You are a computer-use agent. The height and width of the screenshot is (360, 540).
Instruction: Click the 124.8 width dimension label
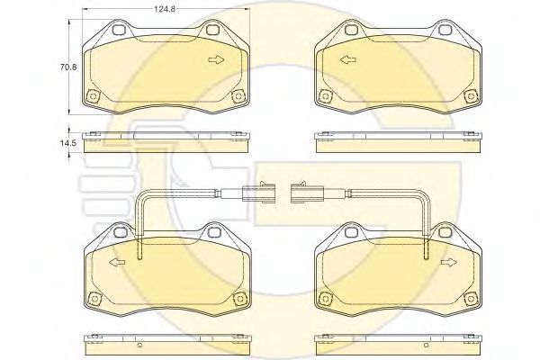pyautogui.click(x=165, y=9)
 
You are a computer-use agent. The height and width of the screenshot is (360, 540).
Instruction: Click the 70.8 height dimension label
pyautogui.click(x=68, y=67)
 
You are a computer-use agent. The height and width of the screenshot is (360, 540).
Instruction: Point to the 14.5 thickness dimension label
pyautogui.click(x=69, y=142)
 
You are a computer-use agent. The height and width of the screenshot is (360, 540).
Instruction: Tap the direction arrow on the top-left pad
pyautogui.click(x=216, y=59)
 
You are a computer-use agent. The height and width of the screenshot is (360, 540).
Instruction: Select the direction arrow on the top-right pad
pyautogui.click(x=348, y=59)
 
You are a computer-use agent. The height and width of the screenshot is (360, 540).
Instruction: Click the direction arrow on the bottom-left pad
pyautogui.click(x=117, y=263)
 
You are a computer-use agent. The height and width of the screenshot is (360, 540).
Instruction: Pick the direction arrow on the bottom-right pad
pyautogui.click(x=449, y=263)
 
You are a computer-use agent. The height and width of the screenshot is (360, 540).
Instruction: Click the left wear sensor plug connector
pyautogui.click(x=258, y=193)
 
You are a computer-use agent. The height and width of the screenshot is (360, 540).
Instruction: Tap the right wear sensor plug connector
pyautogui.click(x=307, y=193)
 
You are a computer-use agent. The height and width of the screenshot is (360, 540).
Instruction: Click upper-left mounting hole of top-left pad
pyautogui.click(x=120, y=30)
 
